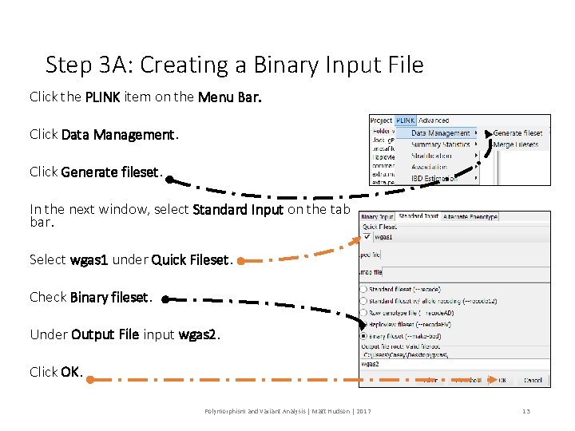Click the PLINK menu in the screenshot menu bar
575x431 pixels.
406,121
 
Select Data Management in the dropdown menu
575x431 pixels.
440,133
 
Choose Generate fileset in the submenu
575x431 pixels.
517,133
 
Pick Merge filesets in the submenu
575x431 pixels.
516,144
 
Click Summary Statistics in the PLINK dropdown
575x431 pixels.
440,144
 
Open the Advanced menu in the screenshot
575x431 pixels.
434,121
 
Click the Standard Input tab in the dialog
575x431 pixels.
419,216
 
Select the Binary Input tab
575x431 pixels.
377,216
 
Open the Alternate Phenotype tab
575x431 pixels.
470,216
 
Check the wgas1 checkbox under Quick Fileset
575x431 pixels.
367,236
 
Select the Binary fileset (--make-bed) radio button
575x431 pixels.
364,336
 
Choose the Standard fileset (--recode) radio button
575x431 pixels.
364,289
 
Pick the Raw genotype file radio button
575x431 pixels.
364,312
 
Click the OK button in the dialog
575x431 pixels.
502,380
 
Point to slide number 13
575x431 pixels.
525,411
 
